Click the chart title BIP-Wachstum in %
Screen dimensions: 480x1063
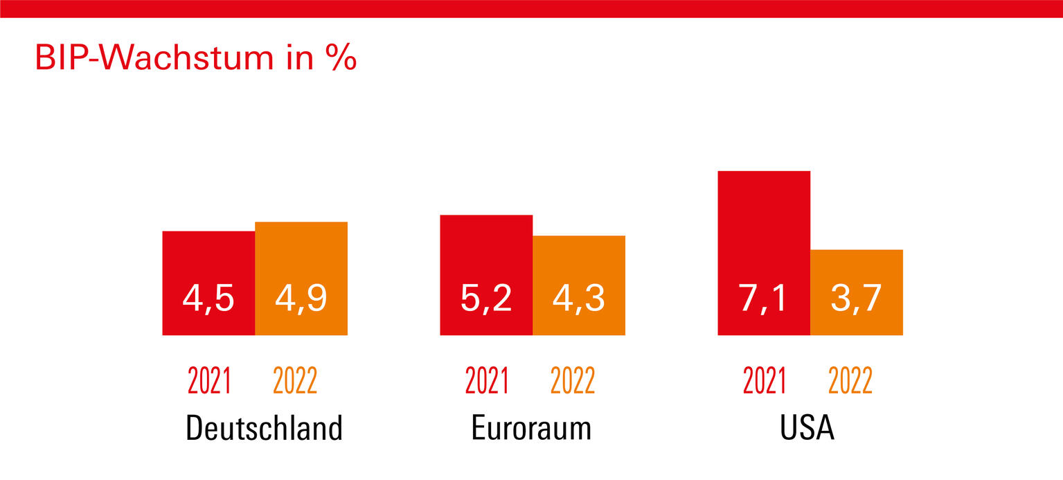[x=195, y=59]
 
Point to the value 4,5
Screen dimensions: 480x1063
[x=208, y=299]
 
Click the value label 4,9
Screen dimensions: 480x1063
[x=301, y=299]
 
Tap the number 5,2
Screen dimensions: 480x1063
[x=486, y=299]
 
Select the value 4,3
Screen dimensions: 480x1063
[x=579, y=299]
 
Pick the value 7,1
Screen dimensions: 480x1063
[x=763, y=299]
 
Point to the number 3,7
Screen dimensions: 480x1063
[x=856, y=299]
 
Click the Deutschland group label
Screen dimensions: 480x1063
[x=264, y=428]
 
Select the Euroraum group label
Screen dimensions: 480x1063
[x=532, y=428]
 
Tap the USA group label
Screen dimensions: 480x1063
[x=807, y=428]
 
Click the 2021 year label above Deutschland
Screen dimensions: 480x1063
[x=209, y=381]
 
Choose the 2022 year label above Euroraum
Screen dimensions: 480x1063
[x=572, y=381]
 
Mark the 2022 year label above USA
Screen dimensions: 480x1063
[x=850, y=381]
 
